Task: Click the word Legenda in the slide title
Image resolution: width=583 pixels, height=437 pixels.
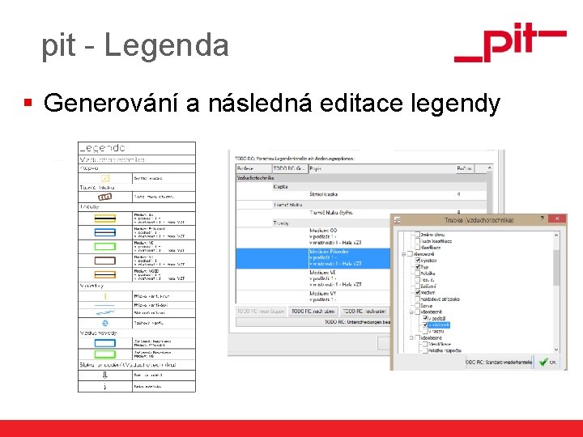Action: pyautogui.click(x=167, y=45)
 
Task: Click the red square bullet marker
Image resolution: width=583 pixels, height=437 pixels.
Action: pyautogui.click(x=28, y=104)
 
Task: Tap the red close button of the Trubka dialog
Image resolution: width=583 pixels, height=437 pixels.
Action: pyautogui.click(x=556, y=219)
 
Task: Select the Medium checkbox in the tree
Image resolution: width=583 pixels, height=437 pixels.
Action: pyautogui.click(x=418, y=293)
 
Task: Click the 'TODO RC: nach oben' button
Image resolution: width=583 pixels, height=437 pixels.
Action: pyautogui.click(x=313, y=311)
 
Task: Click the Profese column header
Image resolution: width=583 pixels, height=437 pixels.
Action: pyautogui.click(x=246, y=167)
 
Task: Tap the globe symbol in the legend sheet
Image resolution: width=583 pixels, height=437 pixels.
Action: pyautogui.click(x=105, y=321)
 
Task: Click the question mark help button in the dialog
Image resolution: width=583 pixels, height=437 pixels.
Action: pyautogui.click(x=541, y=219)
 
